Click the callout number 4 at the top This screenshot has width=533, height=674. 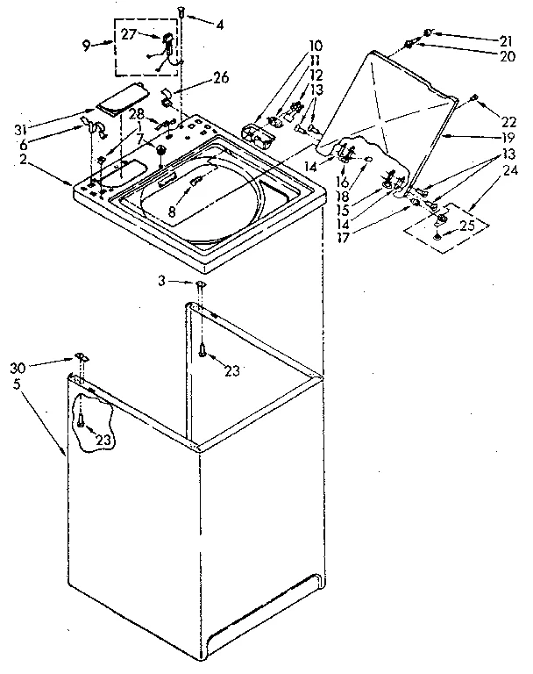pos(220,24)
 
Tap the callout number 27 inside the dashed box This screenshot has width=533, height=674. pos(128,35)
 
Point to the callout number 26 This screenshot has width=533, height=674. pos(220,78)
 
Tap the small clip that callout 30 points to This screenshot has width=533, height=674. pos(81,356)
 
